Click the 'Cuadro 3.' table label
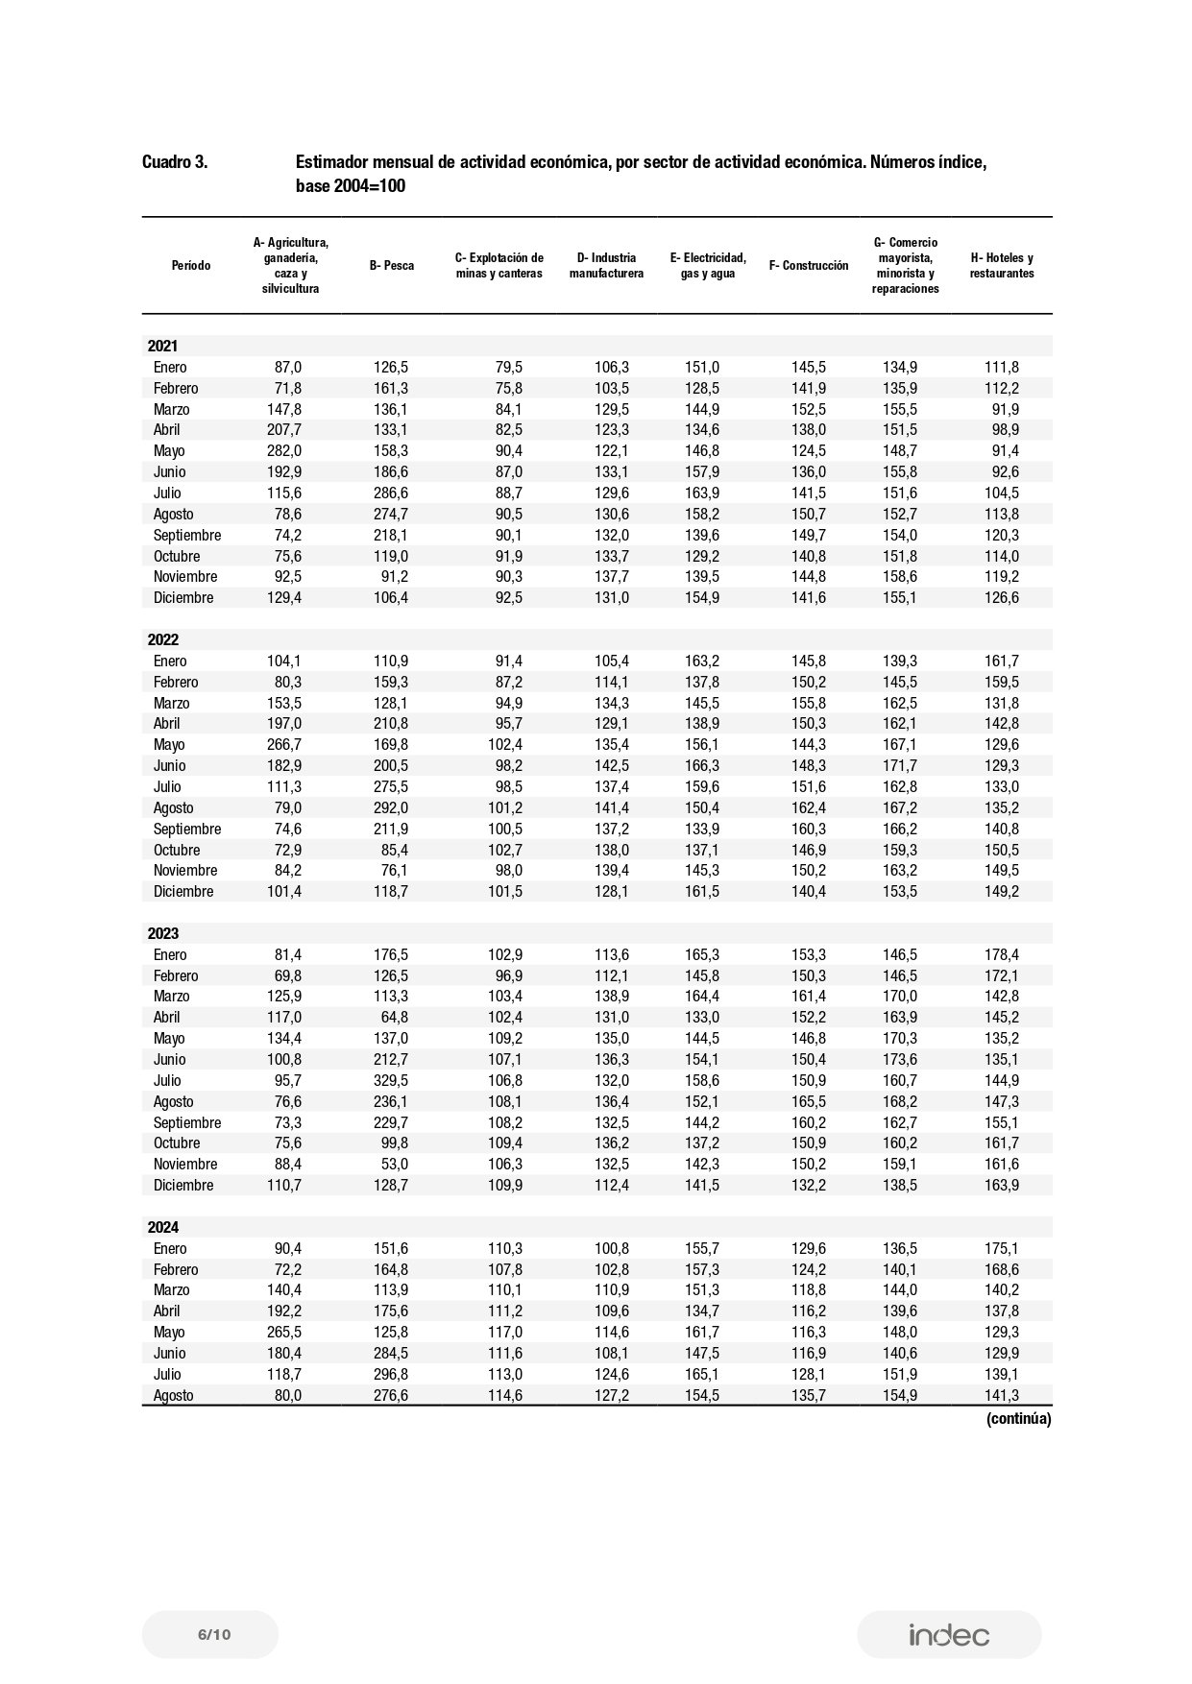(x=174, y=162)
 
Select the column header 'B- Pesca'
(x=392, y=266)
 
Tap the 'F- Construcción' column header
(x=809, y=266)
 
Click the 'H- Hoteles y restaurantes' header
(x=1002, y=266)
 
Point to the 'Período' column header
(x=191, y=266)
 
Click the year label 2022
(x=162, y=639)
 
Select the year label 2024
(x=162, y=1227)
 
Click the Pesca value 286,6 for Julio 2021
(x=390, y=493)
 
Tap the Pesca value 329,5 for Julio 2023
(x=390, y=1080)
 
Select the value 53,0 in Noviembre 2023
(x=395, y=1164)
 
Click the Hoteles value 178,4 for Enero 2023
(x=1001, y=954)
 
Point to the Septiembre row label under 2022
(x=187, y=829)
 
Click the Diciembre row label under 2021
(x=183, y=597)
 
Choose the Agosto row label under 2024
(x=174, y=1395)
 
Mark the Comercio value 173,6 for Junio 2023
(x=899, y=1059)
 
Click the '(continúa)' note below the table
(x=1018, y=1418)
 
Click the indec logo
(x=949, y=1635)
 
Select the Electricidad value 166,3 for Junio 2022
(x=701, y=765)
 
